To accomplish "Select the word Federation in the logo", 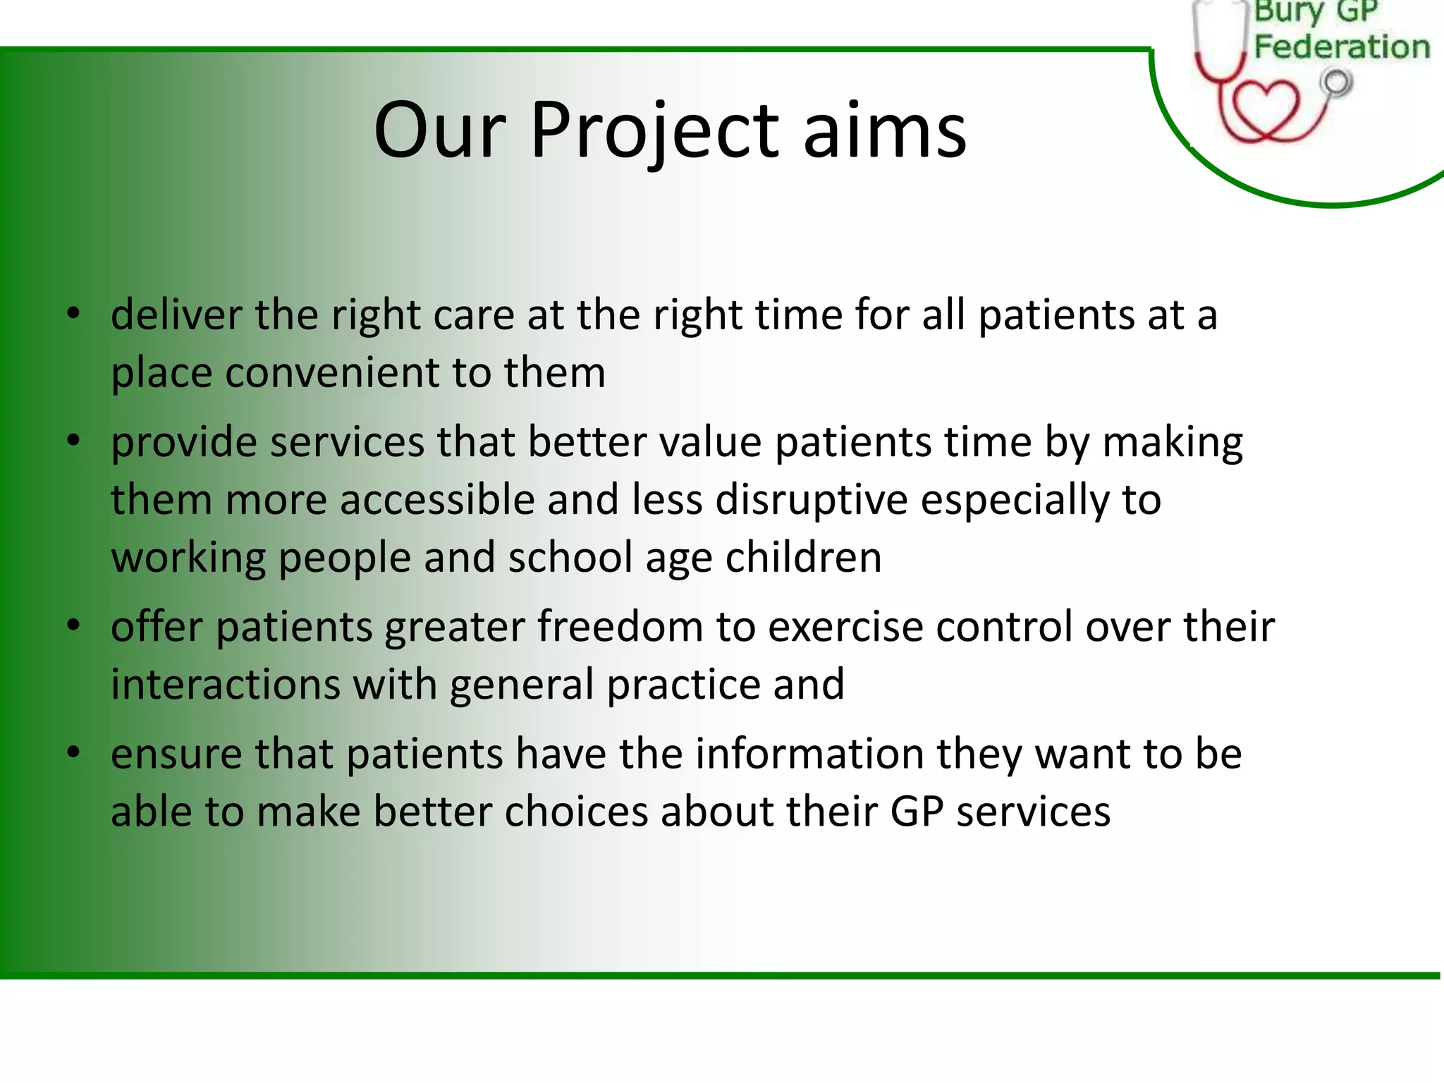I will [x=1342, y=47].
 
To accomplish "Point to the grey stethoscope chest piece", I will [x=1337, y=83].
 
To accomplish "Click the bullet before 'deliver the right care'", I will [x=73, y=314].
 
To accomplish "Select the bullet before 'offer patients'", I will [x=73, y=626].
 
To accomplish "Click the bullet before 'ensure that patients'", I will [x=73, y=753].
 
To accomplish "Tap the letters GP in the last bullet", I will [x=917, y=812].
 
